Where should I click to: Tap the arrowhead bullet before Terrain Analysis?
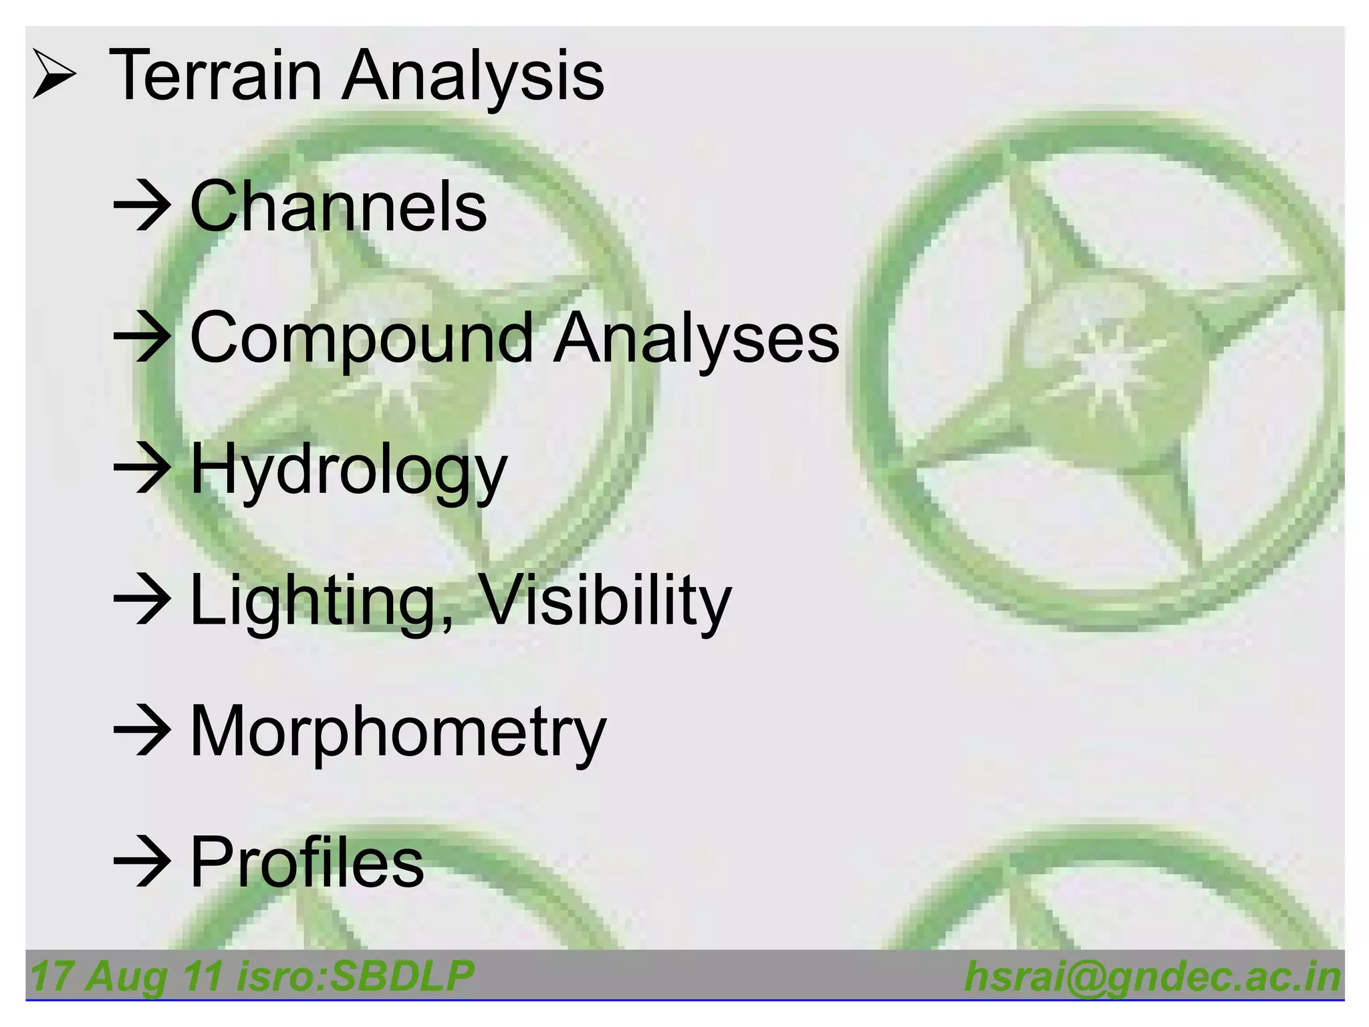(x=53, y=76)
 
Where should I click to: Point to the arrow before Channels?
(x=141, y=206)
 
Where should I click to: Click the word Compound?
(x=362, y=338)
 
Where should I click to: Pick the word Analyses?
(x=696, y=338)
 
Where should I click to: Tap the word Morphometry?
(x=398, y=731)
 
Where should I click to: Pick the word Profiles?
(x=307, y=863)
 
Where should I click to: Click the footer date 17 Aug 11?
(x=127, y=976)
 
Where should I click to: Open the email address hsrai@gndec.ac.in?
(x=1152, y=977)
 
